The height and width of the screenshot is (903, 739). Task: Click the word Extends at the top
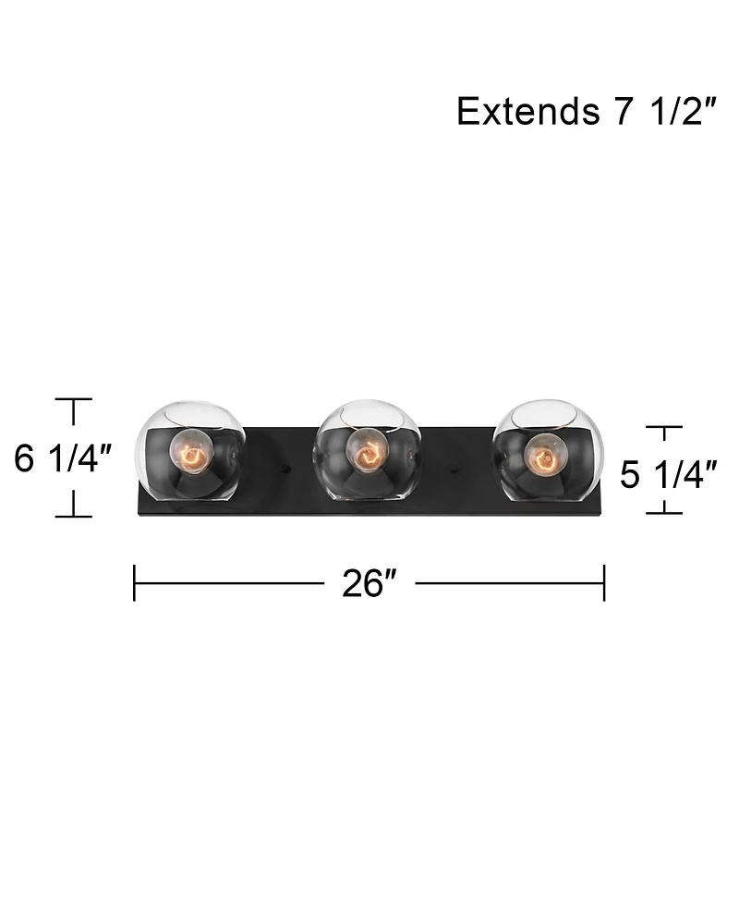click(x=527, y=112)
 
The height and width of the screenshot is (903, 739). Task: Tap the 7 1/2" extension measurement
click(x=662, y=112)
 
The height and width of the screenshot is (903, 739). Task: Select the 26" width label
click(x=369, y=583)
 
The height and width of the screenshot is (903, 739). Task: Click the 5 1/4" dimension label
click(x=668, y=474)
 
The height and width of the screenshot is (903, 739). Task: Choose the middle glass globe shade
click(x=368, y=451)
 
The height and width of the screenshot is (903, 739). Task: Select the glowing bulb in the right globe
click(x=545, y=454)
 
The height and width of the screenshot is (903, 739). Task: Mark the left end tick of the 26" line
click(x=135, y=583)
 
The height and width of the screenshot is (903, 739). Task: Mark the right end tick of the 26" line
click(x=604, y=583)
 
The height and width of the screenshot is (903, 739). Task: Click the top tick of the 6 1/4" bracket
click(x=74, y=399)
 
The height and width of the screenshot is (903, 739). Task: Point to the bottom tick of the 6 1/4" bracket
click(x=74, y=516)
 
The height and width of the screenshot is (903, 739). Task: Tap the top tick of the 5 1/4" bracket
click(x=663, y=427)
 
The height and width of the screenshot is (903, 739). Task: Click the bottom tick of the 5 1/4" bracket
click(x=663, y=512)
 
